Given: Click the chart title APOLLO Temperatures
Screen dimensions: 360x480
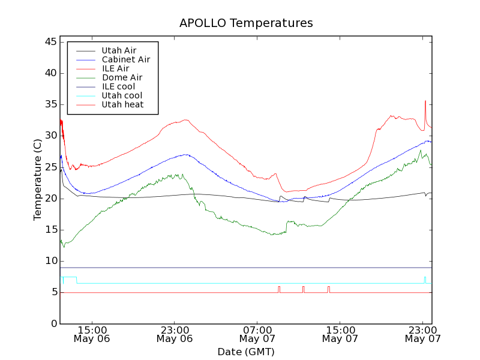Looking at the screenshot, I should pyautogui.click(x=246, y=23).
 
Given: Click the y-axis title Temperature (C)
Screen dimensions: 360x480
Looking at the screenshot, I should pyautogui.click(x=38, y=180).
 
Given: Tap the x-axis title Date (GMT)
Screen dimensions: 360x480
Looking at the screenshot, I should pyautogui.click(x=246, y=352).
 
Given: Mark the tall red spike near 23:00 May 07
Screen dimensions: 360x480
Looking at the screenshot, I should pyautogui.click(x=425, y=102).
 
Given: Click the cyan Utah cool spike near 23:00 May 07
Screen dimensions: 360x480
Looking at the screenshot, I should pyautogui.click(x=425, y=278).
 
